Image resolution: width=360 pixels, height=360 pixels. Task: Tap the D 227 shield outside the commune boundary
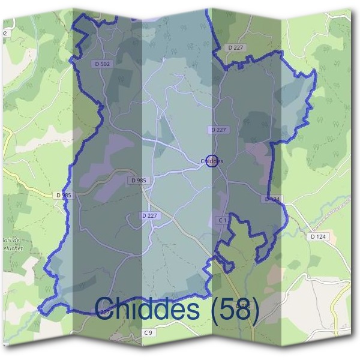coord(235,47)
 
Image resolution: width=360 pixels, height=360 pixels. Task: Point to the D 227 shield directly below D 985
coord(150,215)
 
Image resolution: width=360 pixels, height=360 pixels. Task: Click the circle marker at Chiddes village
coord(211,161)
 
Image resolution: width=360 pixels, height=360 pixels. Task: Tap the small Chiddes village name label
coord(211,161)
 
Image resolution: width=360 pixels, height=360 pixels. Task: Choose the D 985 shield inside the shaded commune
coord(137,180)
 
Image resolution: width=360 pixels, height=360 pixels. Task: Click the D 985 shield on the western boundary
coord(62,195)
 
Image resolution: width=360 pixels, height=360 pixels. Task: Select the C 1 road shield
coord(222,221)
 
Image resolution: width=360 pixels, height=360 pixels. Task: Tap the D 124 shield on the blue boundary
coord(272,199)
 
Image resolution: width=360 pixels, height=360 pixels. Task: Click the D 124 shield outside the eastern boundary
coord(318,237)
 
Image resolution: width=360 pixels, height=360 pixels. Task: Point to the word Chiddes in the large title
coord(147,310)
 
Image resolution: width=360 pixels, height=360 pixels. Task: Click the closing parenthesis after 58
coord(254,311)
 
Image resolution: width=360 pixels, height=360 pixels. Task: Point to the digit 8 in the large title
coord(241,310)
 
